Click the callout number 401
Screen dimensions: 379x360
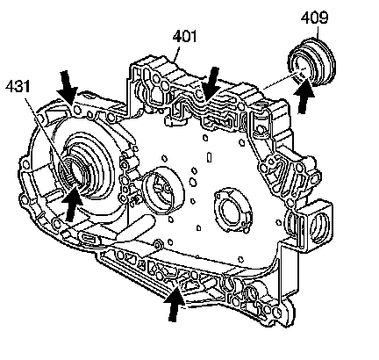coord(184,37)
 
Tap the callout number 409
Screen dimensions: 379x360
coord(314,18)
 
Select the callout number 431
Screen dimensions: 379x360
coord(18,86)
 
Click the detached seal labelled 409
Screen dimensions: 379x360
coord(311,62)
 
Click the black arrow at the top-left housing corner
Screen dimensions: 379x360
coord(68,87)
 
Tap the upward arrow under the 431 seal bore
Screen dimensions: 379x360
coord(72,204)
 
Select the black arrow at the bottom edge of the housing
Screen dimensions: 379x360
coord(175,305)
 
